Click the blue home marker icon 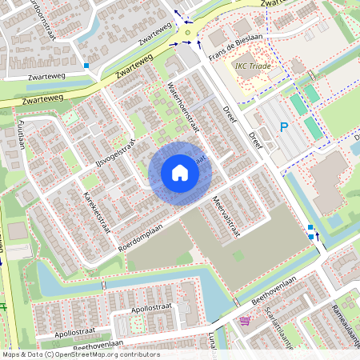[180, 173]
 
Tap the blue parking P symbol [283, 127]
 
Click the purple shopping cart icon [244, 321]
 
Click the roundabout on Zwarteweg [188, 33]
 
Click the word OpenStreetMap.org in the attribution [105, 354]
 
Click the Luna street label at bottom [213, 340]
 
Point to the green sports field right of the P [310, 126]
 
